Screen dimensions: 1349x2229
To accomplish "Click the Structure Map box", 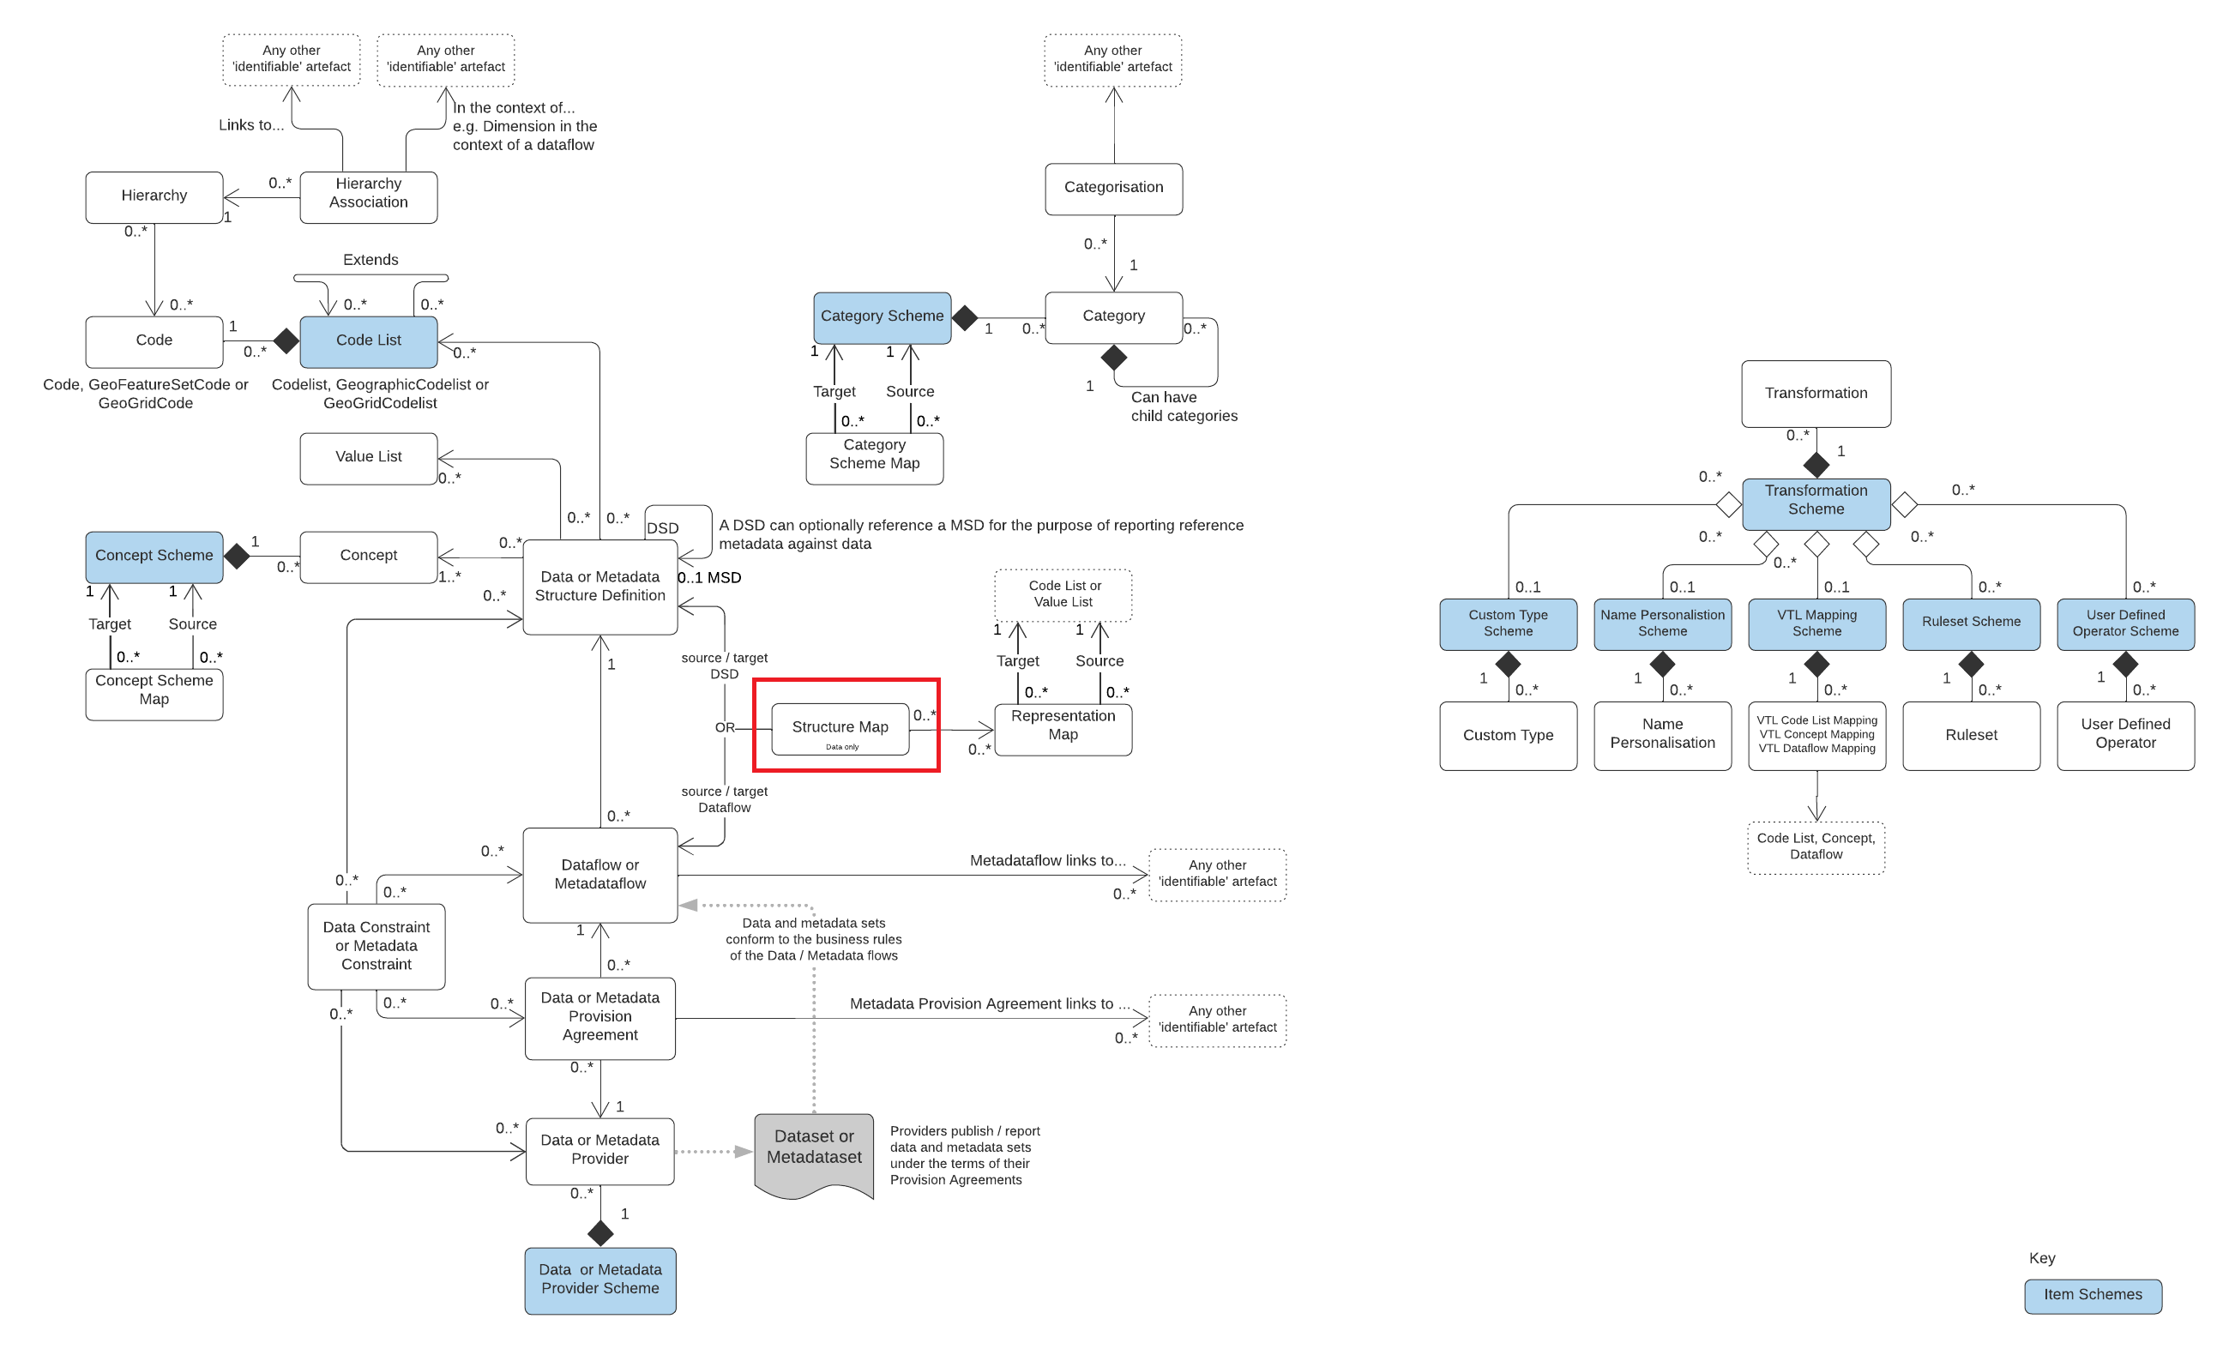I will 840,728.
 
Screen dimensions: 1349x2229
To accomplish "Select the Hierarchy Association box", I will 368,196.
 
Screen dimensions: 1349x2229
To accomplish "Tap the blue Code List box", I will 368,341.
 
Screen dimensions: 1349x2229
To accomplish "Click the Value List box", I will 368,458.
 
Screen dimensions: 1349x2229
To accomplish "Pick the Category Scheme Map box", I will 874,458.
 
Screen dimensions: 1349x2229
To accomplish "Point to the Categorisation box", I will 1112,188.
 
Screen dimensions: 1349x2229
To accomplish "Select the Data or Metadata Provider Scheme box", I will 599,1280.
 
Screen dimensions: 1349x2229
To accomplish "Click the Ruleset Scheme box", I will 1970,623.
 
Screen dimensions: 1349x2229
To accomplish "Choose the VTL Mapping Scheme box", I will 1816,623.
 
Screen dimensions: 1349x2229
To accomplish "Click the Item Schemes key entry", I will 2092,1295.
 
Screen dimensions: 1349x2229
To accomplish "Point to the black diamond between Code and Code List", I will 286,341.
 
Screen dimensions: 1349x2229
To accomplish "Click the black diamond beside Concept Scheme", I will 237,556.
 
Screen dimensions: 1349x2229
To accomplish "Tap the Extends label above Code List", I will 370,260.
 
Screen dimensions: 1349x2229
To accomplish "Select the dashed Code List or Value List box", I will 1063,594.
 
